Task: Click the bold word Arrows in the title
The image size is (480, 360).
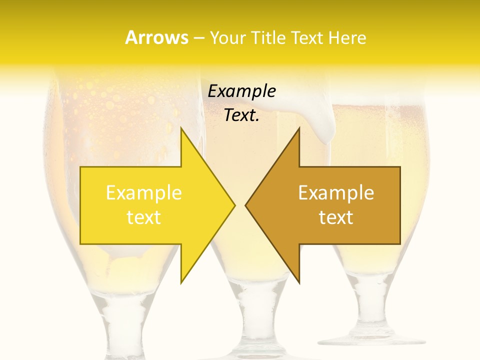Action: point(156,37)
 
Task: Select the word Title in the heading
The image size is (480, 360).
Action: point(268,37)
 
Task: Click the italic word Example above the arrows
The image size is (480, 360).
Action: point(241,91)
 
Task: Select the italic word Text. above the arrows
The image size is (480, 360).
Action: point(241,115)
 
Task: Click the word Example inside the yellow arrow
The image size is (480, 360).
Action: point(144,193)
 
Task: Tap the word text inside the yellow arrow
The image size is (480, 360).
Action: point(144,217)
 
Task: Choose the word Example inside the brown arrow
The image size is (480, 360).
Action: point(336,193)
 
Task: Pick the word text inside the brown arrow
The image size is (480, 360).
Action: point(336,217)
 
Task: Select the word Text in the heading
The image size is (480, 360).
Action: point(306,37)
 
